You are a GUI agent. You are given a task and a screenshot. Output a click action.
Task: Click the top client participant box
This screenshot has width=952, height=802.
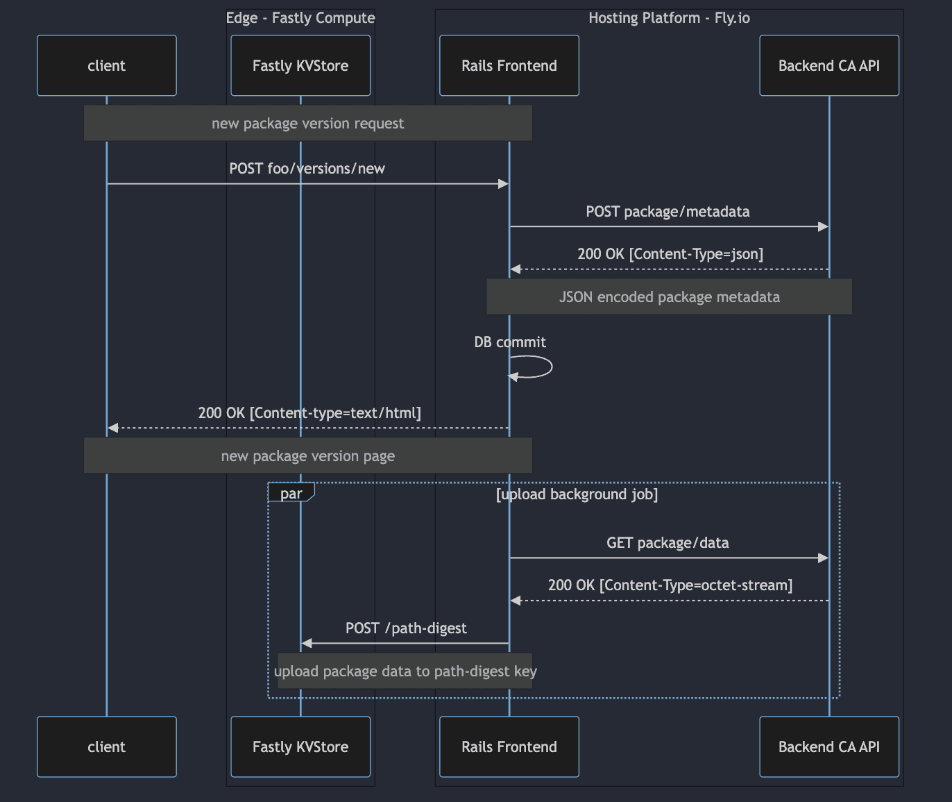[x=106, y=65]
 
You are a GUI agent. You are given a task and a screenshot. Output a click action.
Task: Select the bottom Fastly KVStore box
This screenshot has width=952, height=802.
[x=300, y=746]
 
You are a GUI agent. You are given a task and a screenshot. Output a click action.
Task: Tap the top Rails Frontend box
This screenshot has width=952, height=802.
[x=509, y=65]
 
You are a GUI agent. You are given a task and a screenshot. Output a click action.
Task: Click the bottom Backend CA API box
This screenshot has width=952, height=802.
[x=828, y=746]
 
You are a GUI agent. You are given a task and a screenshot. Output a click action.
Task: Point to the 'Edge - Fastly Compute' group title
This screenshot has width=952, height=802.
[x=300, y=18]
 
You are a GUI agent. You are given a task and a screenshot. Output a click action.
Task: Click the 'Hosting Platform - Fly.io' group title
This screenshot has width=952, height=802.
[x=669, y=18]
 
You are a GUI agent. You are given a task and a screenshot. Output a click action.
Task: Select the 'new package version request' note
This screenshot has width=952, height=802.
[x=307, y=123]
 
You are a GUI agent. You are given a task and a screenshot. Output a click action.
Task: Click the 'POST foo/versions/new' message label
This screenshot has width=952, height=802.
[x=307, y=169]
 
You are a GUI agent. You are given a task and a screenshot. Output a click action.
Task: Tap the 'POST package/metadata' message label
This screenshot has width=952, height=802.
[x=668, y=212]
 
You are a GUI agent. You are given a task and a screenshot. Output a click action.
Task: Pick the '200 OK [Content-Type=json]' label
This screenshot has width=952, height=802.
[x=670, y=254]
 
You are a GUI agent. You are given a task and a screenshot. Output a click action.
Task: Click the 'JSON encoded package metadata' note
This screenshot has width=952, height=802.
[x=669, y=297]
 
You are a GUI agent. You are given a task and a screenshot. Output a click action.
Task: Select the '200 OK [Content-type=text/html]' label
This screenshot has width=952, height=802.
[x=309, y=413]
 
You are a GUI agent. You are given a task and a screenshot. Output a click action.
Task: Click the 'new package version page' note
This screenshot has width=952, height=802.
[x=307, y=456]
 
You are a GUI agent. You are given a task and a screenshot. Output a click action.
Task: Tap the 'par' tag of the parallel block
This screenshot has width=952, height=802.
[x=291, y=493]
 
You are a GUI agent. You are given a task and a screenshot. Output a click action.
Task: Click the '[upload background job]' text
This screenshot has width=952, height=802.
[x=577, y=494]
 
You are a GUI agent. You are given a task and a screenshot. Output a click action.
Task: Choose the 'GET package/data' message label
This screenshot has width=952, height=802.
[x=668, y=543]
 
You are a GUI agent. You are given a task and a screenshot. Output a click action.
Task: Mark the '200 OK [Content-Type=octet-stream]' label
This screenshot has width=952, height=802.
[x=670, y=585]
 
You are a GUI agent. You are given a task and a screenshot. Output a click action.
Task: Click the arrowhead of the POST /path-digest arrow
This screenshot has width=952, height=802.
[x=307, y=643]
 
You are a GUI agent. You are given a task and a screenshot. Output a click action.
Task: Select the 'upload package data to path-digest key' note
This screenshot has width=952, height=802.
[x=405, y=671]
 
